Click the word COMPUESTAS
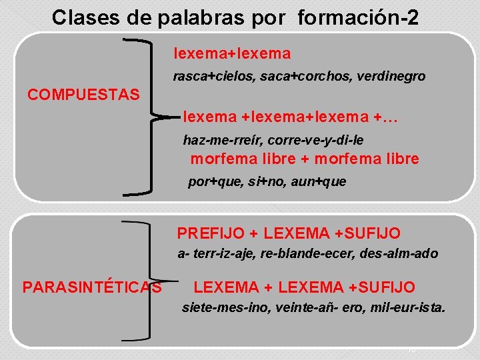[83, 95]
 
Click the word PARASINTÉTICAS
[92, 287]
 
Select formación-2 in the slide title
[359, 17]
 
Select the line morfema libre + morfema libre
[305, 159]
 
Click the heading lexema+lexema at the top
[233, 53]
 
